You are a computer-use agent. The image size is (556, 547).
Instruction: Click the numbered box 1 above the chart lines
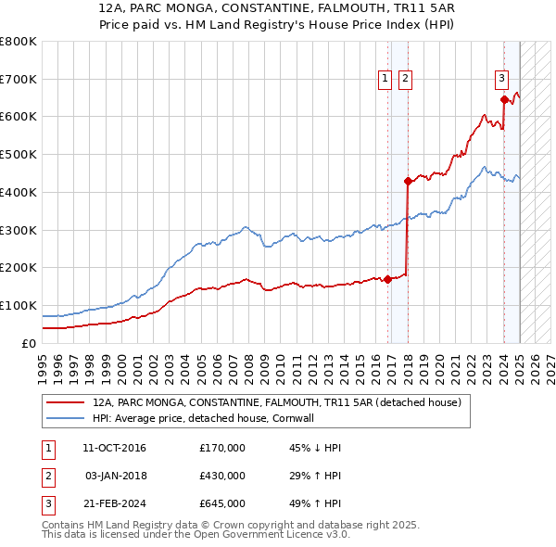tap(385, 80)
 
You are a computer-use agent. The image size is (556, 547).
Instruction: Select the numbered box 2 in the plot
tap(406, 80)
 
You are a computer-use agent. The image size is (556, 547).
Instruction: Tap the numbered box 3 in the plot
tap(501, 80)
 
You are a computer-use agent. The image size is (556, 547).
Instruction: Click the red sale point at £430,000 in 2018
tap(408, 181)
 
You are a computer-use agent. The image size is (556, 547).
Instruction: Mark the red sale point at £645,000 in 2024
tap(504, 99)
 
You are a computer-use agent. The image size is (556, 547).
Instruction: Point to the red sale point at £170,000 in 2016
tap(387, 279)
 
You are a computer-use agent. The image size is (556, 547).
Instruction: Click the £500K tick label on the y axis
tap(18, 154)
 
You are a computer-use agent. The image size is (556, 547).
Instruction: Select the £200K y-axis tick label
tap(18, 267)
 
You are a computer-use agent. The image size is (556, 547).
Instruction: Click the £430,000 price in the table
tap(222, 476)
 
